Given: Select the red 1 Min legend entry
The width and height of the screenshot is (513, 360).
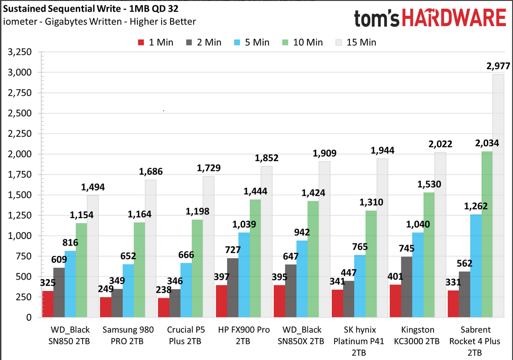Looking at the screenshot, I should click(156, 42).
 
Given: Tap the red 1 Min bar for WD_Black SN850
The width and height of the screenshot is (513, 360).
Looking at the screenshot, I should click(47, 304).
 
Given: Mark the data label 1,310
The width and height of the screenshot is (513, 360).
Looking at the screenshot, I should click(371, 202).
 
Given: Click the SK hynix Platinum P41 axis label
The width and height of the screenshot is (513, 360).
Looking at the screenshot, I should click(359, 335).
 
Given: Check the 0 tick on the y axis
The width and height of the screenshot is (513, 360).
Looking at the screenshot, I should click(28, 317).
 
